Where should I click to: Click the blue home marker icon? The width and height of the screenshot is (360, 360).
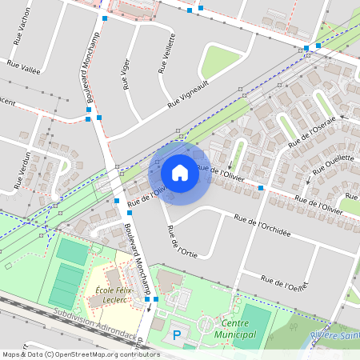point(180,172)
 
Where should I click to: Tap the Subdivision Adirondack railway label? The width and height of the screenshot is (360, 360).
point(96,324)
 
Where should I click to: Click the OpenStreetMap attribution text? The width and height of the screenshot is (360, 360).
point(81,354)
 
